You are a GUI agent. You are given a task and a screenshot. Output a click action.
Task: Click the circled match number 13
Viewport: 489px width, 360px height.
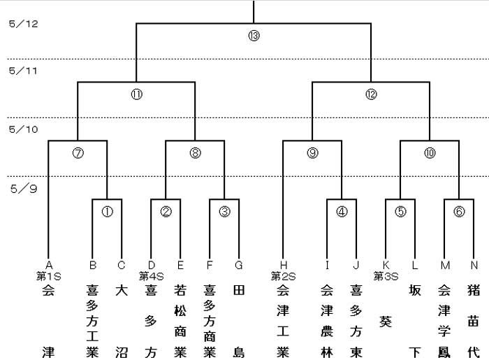[254, 36]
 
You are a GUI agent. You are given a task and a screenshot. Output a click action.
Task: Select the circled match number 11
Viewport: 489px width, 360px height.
[137, 94]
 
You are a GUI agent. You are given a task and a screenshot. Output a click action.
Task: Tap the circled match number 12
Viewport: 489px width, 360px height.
[371, 94]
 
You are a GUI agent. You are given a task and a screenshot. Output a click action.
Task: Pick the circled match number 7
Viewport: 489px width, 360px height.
[78, 153]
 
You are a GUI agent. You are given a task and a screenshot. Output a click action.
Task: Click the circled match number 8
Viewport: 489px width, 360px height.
[195, 153]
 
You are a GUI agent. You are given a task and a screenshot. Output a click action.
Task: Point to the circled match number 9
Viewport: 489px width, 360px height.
[312, 153]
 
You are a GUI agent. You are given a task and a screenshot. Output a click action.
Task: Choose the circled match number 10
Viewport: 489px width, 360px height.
[430, 153]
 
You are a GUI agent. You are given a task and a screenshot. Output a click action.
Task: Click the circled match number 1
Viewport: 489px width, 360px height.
[108, 212]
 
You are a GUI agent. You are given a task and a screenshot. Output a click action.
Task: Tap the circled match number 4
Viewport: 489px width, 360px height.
[342, 212]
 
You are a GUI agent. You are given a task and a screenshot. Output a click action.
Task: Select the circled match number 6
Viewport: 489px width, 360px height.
[459, 212]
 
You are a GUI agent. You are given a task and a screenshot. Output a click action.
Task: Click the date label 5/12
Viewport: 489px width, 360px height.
[23, 24]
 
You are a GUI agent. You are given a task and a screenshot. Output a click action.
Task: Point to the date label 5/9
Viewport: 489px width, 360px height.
[24, 189]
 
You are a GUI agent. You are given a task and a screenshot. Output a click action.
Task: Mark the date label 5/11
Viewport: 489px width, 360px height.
[23, 71]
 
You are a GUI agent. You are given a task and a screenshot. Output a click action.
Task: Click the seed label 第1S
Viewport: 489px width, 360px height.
[49, 276]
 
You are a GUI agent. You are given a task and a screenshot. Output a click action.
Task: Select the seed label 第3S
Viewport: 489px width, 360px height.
[386, 276]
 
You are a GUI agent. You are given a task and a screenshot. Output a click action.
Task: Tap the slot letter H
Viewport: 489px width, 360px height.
[283, 265]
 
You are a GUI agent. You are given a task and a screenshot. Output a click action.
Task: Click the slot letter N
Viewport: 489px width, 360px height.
[474, 265]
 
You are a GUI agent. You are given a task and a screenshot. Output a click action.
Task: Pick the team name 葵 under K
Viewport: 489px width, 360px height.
[386, 322]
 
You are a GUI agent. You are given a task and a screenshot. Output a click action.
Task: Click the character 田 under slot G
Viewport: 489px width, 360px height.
[239, 290]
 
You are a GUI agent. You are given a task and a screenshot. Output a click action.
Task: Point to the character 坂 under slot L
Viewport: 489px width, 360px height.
[415, 290]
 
